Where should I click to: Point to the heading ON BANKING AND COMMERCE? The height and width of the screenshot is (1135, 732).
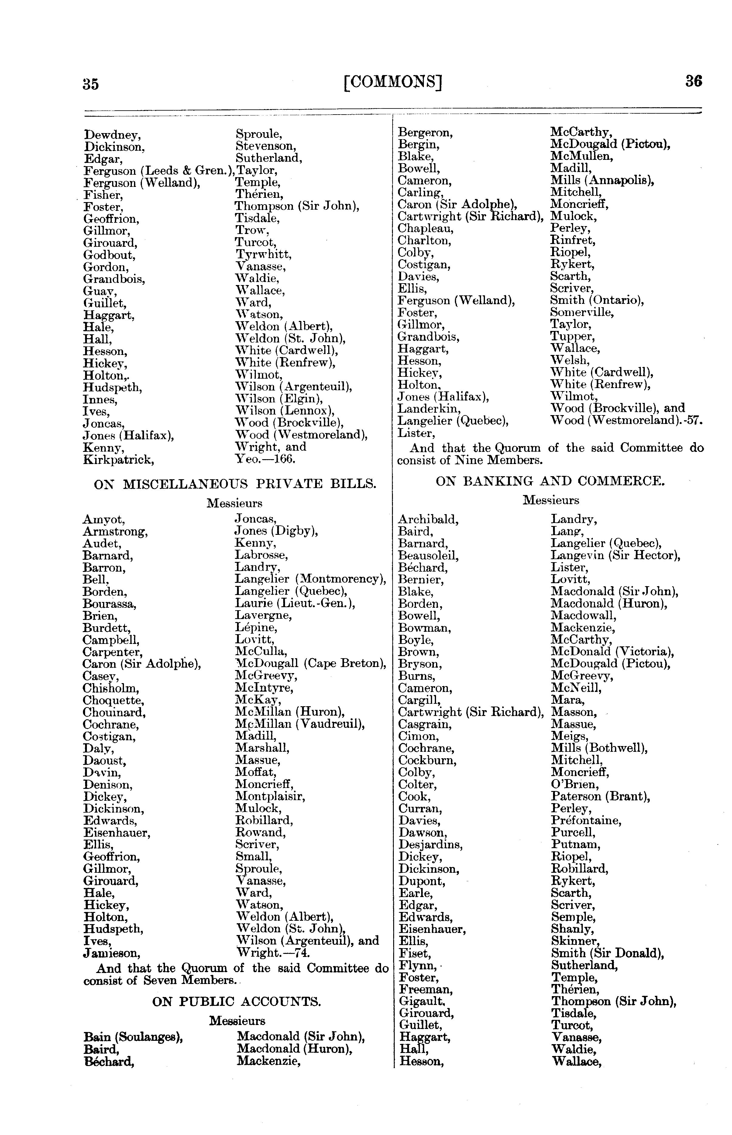550,481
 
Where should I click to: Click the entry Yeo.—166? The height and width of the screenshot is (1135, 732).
266,459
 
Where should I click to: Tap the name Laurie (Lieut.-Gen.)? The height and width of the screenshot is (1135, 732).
295,603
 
